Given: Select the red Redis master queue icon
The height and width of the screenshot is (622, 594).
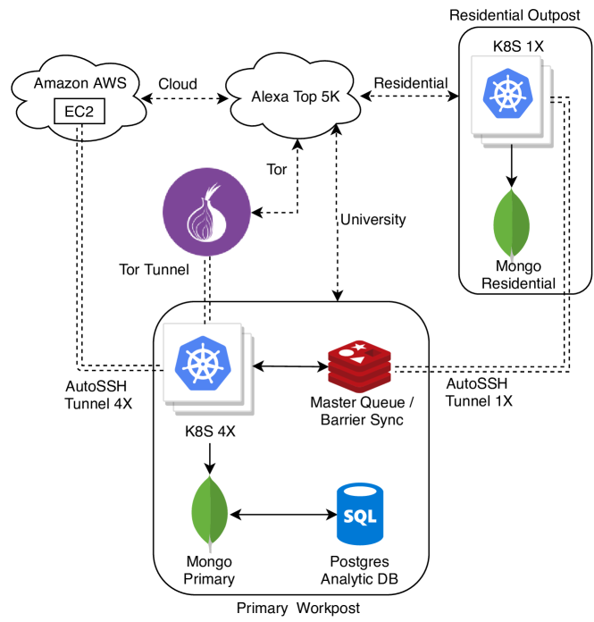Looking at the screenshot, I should tap(359, 366).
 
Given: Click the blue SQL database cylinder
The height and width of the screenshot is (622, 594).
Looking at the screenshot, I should tap(360, 516).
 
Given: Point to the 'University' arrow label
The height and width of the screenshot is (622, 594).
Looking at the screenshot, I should tap(372, 219).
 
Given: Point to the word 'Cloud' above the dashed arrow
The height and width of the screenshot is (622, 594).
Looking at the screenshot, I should tap(179, 83).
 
